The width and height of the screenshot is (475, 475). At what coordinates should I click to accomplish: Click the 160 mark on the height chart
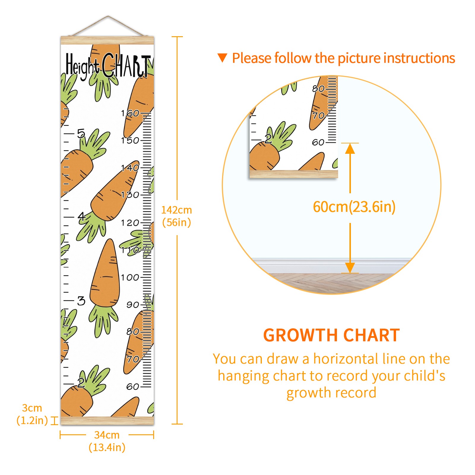(x=130, y=113)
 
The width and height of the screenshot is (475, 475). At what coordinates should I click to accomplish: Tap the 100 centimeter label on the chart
(x=130, y=277)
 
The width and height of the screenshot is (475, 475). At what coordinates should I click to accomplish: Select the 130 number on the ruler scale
(x=130, y=195)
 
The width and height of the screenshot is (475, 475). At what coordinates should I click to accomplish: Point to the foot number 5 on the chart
(x=81, y=134)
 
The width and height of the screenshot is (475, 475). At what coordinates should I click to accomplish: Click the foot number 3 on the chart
(x=81, y=301)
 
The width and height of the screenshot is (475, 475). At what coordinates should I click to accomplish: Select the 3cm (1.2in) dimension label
(x=32, y=414)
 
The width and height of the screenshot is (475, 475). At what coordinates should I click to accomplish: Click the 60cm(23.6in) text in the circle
(x=354, y=207)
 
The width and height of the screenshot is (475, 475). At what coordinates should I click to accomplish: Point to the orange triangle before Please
(x=222, y=58)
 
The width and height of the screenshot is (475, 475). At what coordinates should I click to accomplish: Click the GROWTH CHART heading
(x=332, y=335)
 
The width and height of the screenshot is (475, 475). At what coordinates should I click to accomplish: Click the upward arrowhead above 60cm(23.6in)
(x=350, y=148)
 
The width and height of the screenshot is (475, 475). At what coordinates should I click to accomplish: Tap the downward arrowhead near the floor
(x=350, y=268)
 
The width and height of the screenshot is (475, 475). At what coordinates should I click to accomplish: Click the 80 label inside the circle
(x=318, y=88)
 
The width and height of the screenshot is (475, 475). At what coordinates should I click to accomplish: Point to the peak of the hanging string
(x=108, y=16)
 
